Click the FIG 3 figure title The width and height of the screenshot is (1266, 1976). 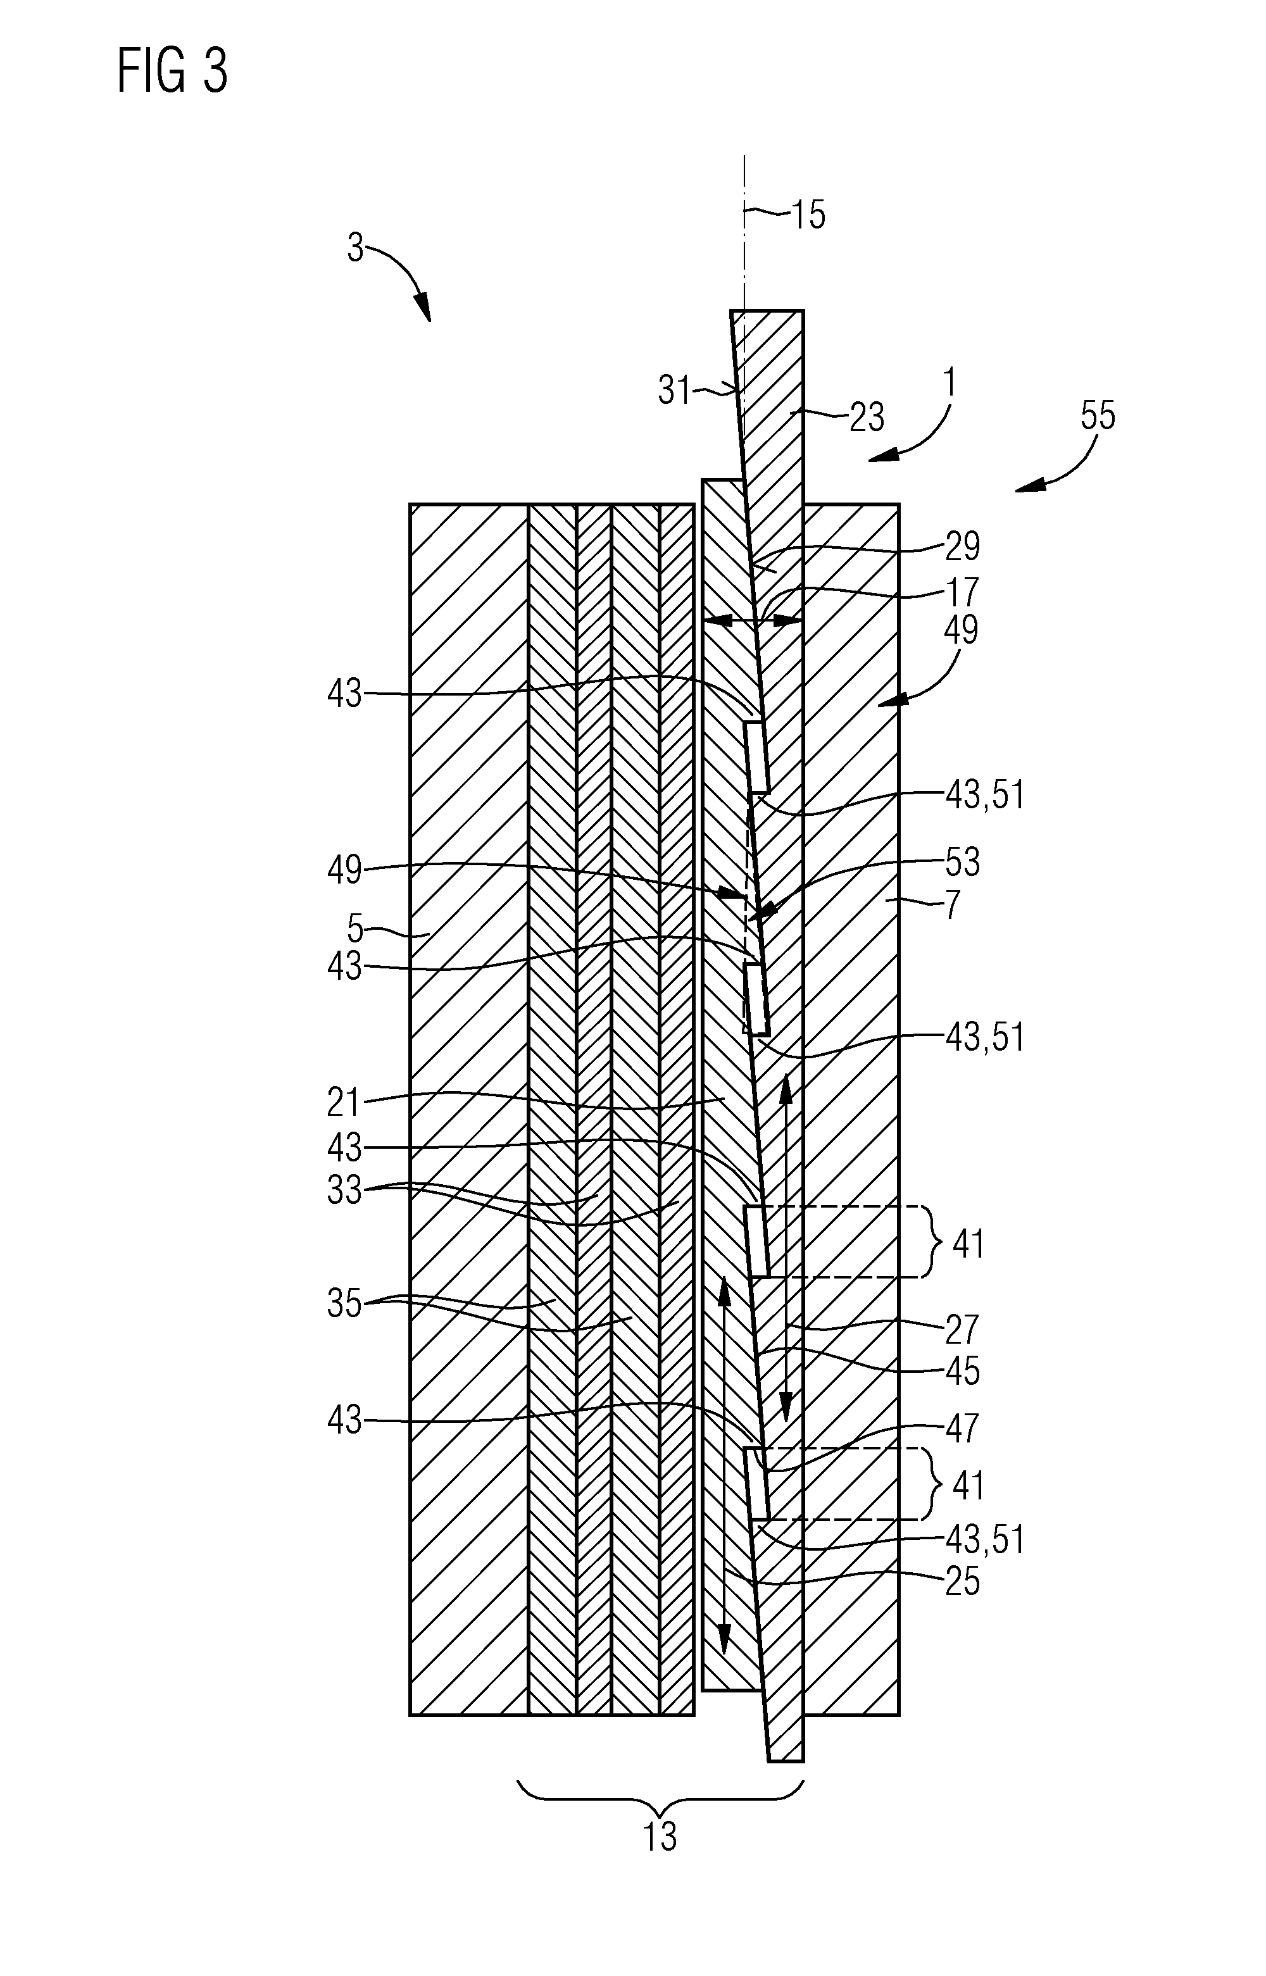[173, 71]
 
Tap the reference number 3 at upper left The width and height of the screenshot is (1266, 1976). [354, 247]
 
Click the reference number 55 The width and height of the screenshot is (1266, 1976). [1098, 416]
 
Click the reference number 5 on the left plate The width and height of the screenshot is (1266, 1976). [354, 929]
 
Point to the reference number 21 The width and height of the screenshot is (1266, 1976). [344, 1103]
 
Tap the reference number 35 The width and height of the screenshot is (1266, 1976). [344, 1304]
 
